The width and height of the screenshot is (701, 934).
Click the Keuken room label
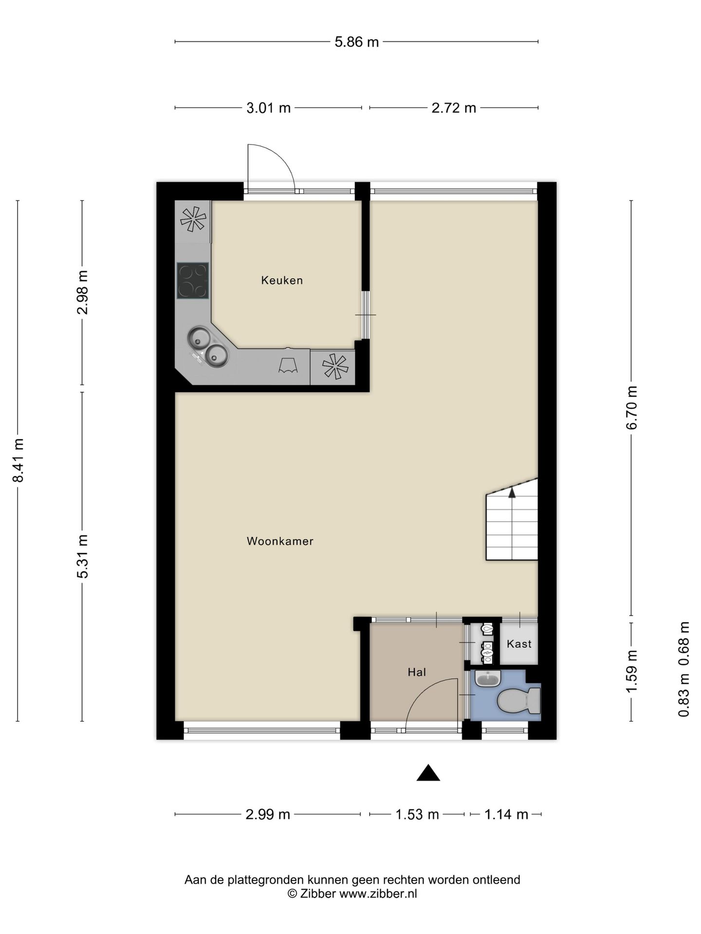tap(282, 280)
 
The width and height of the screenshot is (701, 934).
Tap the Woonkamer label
tap(280, 541)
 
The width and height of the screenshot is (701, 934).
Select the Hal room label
tap(417, 672)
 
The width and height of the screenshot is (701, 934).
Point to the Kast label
tap(519, 644)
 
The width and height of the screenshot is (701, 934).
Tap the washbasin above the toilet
tap(488, 678)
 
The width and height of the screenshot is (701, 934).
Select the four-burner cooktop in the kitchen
tap(193, 281)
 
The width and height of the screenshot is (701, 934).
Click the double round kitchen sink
tap(208, 346)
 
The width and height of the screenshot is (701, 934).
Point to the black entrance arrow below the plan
tap(428, 772)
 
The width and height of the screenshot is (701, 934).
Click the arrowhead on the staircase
tap(512, 493)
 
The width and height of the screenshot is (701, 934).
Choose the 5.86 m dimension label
tap(356, 42)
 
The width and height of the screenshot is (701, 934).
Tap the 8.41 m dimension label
tap(18, 460)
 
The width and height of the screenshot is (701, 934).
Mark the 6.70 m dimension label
tap(632, 408)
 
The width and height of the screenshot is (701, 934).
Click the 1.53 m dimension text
tap(417, 814)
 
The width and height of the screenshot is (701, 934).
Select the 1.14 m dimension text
tap(506, 814)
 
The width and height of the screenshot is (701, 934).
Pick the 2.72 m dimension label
tap(454, 108)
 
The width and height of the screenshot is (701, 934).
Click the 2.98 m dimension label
tap(83, 292)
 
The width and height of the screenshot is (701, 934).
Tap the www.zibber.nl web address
tap(378, 894)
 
